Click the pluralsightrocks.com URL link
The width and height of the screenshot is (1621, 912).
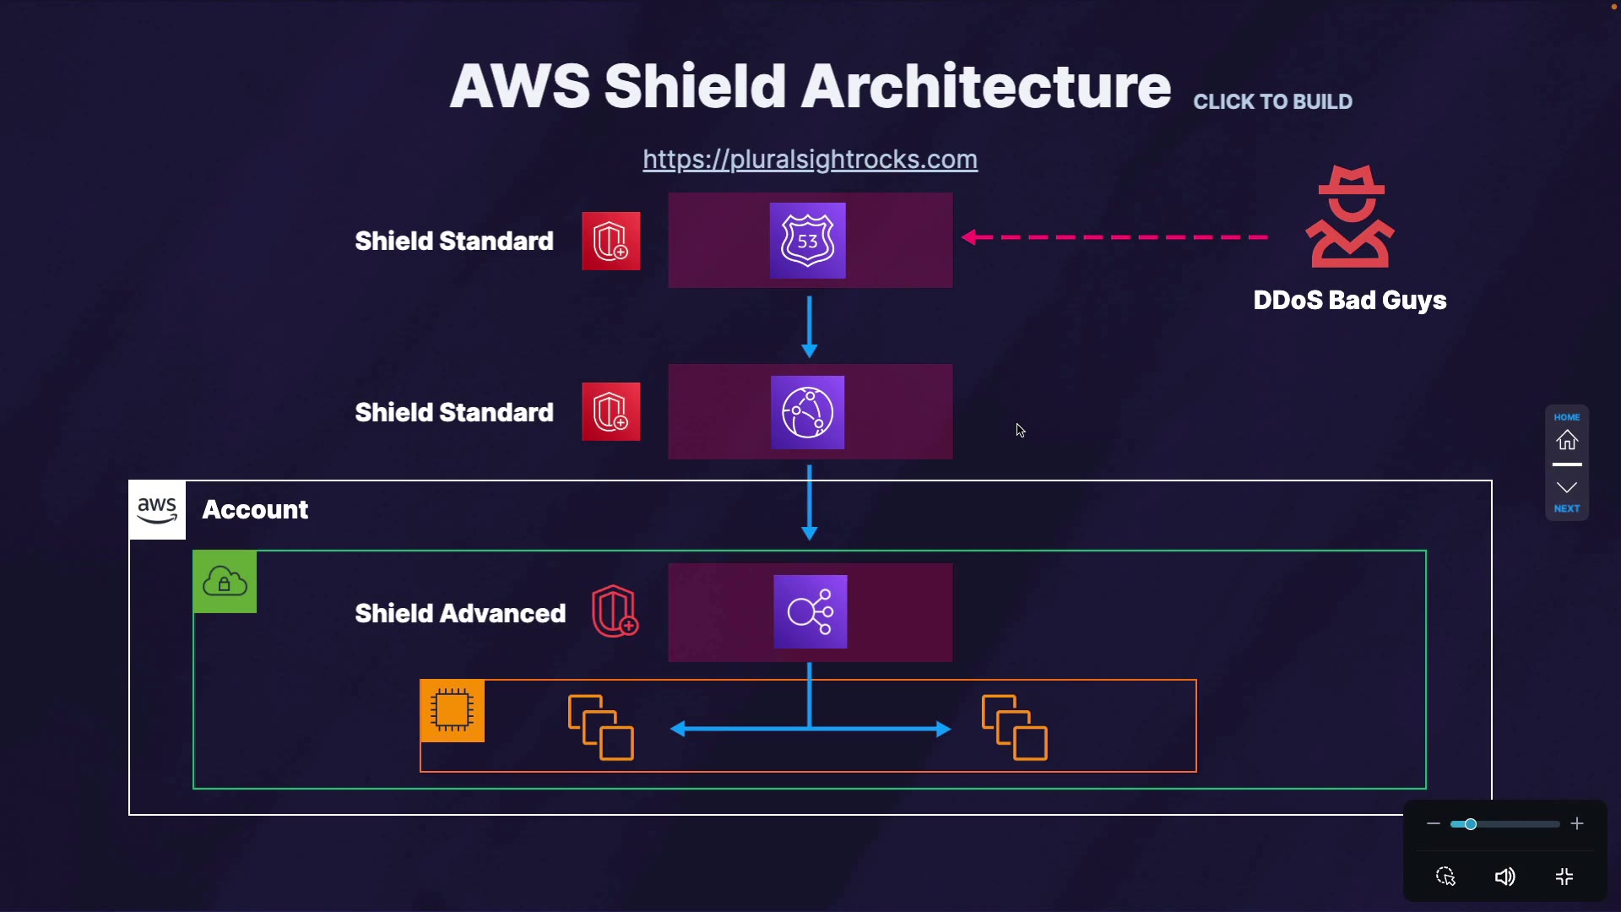point(810,160)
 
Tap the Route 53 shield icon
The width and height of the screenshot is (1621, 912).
point(808,241)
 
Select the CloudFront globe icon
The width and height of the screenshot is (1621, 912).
point(808,412)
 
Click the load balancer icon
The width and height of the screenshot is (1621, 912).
point(810,612)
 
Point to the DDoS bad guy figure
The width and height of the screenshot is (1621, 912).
point(1349,217)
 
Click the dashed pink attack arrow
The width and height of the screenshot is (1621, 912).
point(1114,237)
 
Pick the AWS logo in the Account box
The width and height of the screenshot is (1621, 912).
point(158,510)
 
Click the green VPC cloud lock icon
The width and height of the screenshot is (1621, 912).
point(225,582)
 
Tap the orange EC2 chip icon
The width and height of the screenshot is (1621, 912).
point(453,710)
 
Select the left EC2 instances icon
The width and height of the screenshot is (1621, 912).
point(600,727)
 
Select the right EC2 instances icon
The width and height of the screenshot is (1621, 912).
point(1014,727)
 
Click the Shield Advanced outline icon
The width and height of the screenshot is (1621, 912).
point(615,611)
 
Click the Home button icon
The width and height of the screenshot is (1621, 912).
point(1567,440)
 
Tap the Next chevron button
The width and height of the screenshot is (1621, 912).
point(1567,488)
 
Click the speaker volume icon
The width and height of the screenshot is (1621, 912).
point(1504,877)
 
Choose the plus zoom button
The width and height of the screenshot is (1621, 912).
point(1577,824)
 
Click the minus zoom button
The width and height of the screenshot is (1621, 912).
point(1434,824)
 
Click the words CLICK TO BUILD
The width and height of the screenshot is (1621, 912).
point(1272,102)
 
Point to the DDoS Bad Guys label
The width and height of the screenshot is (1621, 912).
point(1349,301)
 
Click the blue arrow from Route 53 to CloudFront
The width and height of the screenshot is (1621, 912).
point(810,326)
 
